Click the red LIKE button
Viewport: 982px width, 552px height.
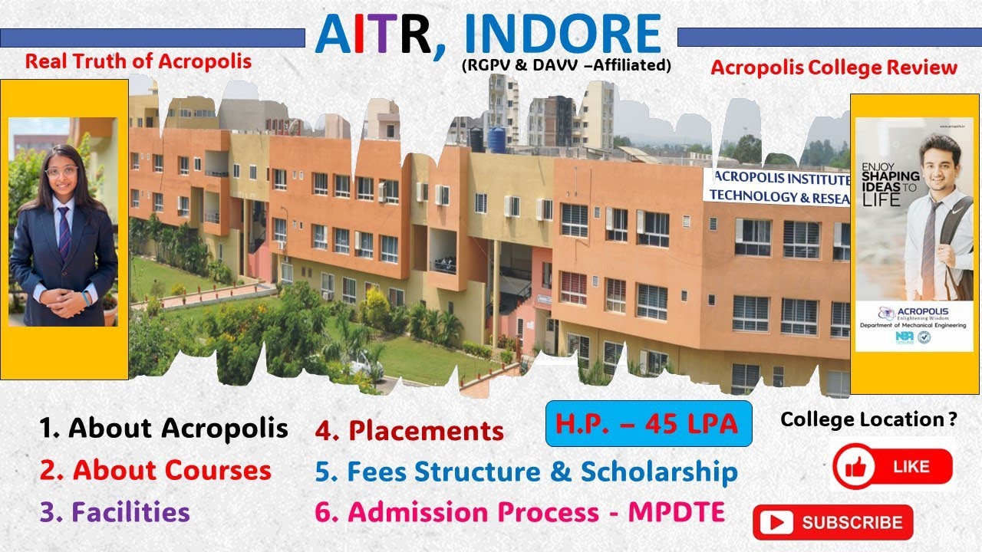click(x=892, y=466)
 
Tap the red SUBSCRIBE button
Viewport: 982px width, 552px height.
click(x=833, y=522)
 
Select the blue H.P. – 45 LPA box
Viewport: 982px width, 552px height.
click(x=648, y=423)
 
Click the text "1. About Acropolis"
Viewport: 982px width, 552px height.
click(x=163, y=428)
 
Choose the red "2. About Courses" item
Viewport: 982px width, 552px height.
click(x=156, y=470)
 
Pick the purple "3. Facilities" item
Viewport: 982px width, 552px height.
click(x=115, y=511)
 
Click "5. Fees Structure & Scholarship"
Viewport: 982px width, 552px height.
click(x=526, y=472)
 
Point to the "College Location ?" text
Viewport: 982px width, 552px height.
click(x=868, y=419)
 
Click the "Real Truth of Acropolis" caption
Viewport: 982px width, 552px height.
click(x=138, y=61)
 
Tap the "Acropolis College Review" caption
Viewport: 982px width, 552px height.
click(x=834, y=67)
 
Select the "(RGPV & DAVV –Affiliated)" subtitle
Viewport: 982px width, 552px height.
click(x=566, y=66)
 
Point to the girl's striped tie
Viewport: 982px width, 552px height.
click(x=64, y=234)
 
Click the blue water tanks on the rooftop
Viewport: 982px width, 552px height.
click(x=487, y=139)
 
